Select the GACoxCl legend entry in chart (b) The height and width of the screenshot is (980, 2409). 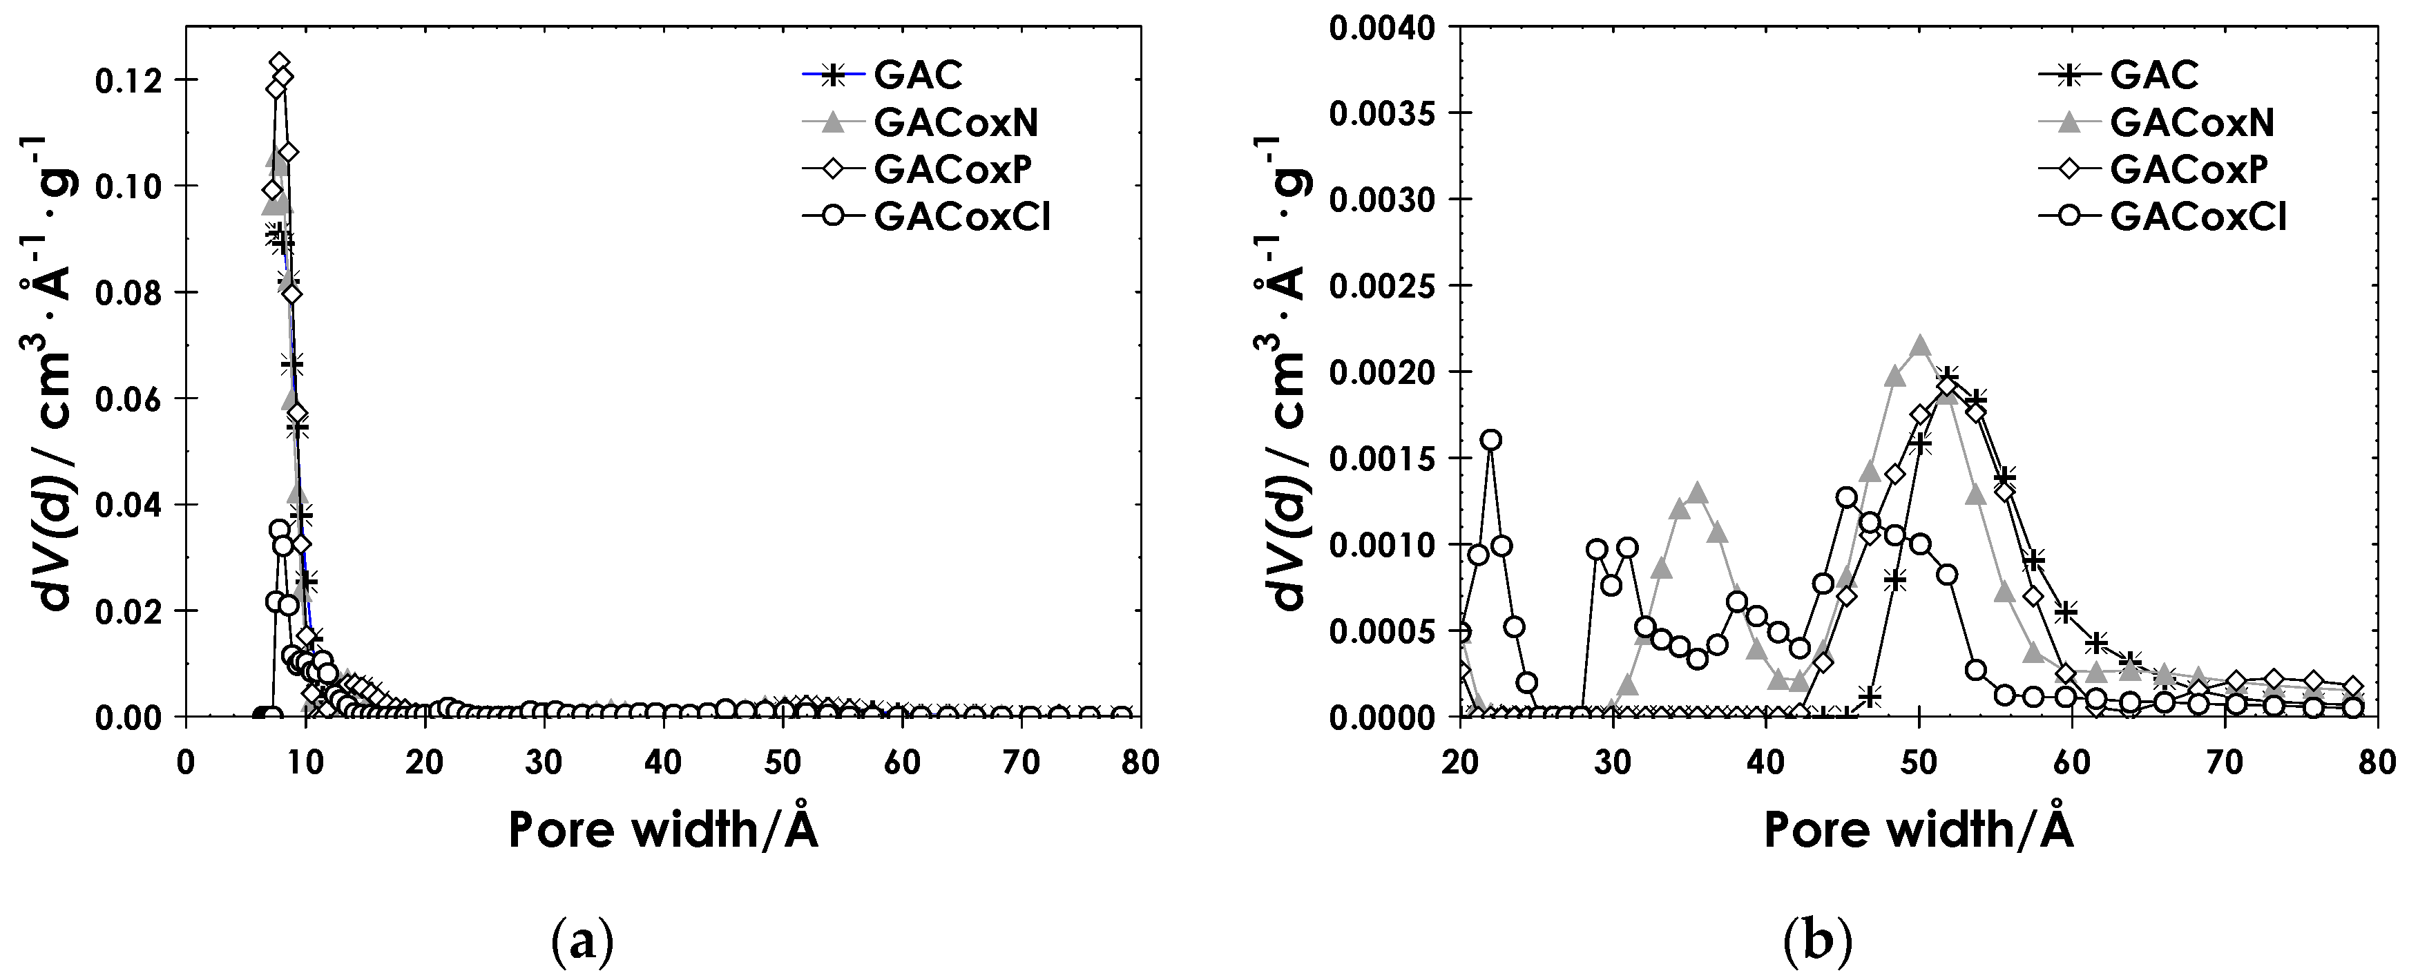click(x=2198, y=217)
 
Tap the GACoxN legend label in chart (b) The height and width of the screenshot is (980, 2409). click(x=2191, y=122)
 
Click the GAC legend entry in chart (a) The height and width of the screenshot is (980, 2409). click(x=917, y=74)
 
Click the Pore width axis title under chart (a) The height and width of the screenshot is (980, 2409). click(x=663, y=829)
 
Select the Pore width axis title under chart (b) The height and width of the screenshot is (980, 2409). click(x=1919, y=829)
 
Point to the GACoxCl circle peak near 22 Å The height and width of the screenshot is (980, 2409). click(x=1492, y=439)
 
